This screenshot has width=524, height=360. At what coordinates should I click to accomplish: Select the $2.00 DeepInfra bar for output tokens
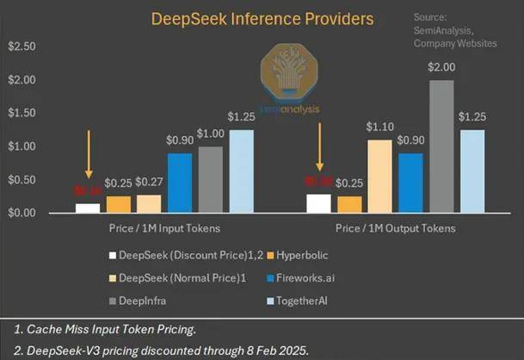(x=441, y=146)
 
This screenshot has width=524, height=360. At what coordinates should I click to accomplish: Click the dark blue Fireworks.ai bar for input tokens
(x=179, y=183)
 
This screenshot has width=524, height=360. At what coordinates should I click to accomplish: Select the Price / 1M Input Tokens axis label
(x=164, y=228)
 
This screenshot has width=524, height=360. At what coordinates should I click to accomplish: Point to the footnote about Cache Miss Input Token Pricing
(x=107, y=328)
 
